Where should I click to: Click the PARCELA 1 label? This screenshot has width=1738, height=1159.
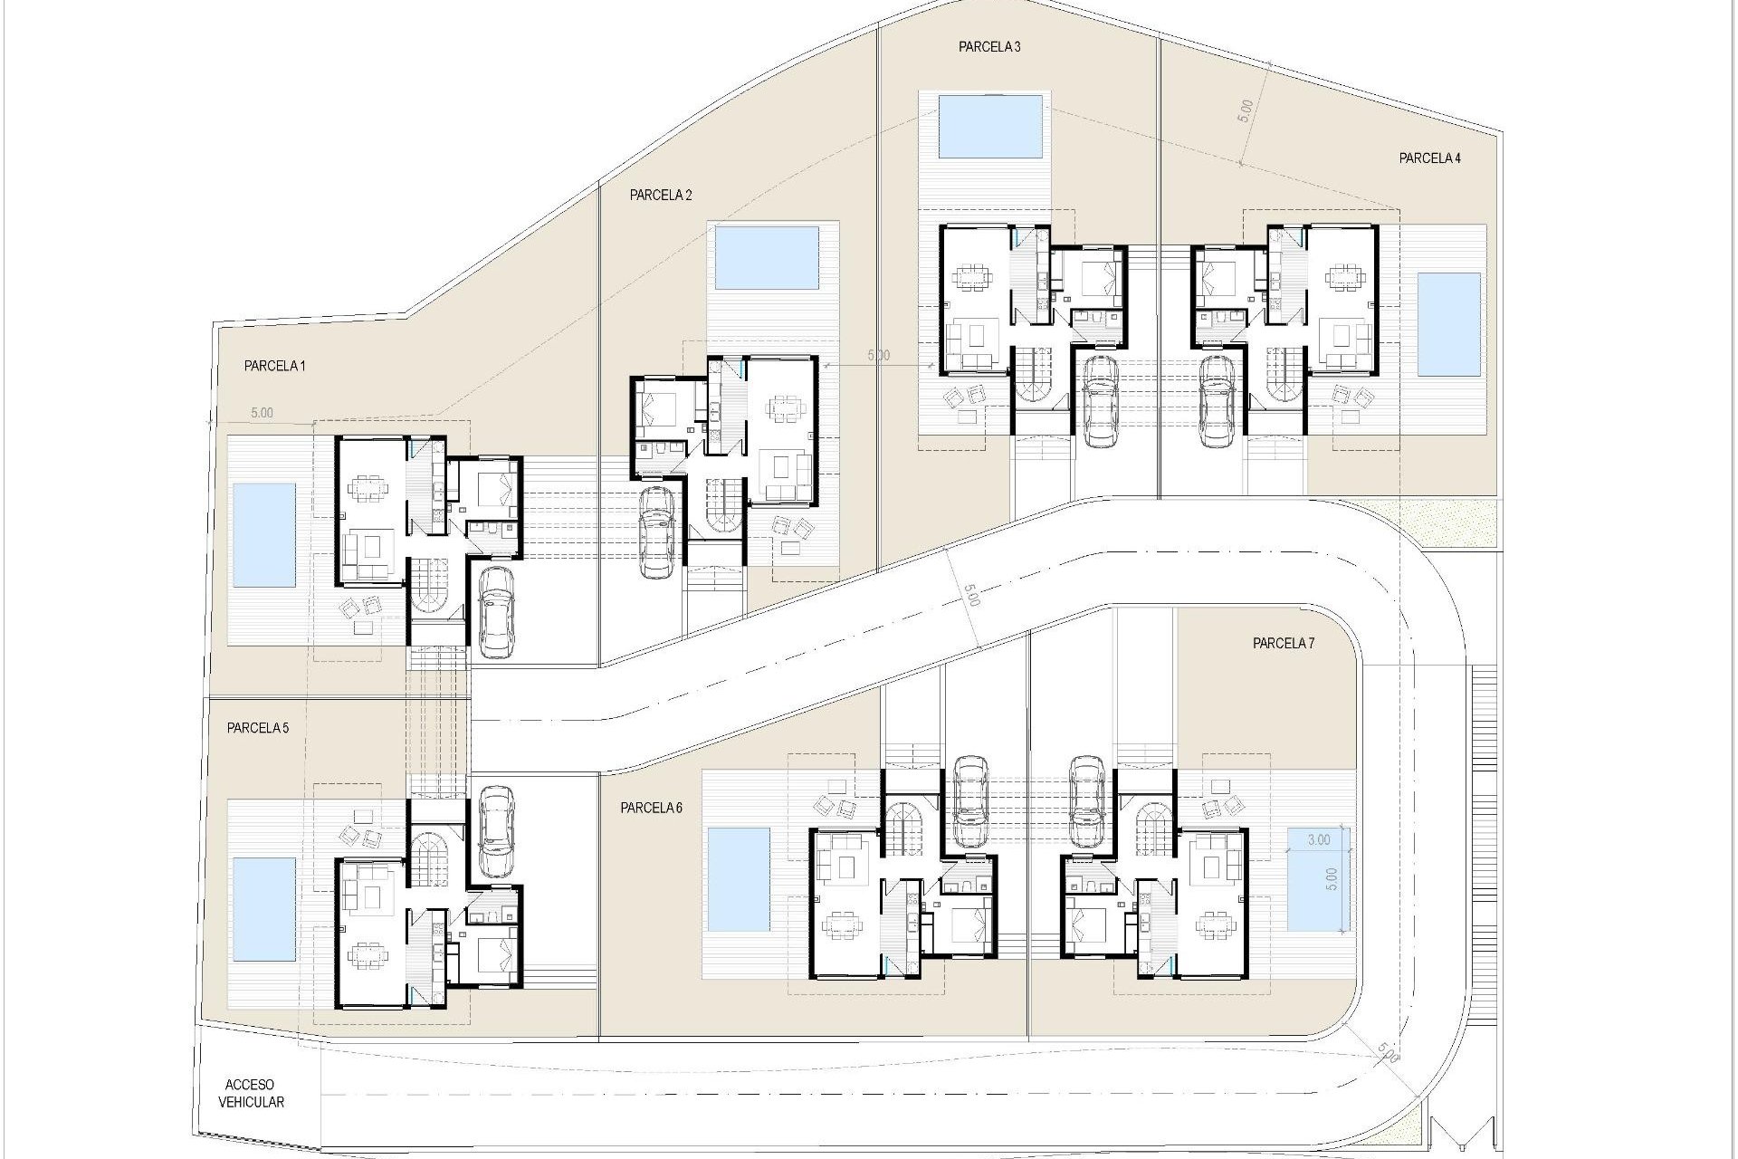tap(274, 366)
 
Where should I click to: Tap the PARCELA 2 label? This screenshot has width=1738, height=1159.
tap(661, 195)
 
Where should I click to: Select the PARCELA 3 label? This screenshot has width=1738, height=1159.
tap(989, 47)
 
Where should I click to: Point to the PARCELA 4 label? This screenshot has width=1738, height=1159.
tap(1429, 158)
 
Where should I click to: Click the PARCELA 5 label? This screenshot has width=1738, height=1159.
tap(258, 728)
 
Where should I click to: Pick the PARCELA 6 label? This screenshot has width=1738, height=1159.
tap(651, 809)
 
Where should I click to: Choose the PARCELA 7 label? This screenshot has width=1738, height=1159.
tap(1283, 644)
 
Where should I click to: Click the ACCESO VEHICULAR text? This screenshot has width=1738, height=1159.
tap(251, 1094)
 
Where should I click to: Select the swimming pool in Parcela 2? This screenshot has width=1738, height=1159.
tap(768, 257)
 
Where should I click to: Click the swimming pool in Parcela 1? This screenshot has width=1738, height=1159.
tap(264, 534)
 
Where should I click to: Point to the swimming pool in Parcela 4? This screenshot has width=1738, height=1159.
tap(1448, 324)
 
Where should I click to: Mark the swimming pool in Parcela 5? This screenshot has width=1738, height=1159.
tap(264, 909)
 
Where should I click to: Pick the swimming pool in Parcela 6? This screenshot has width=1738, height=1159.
tap(738, 879)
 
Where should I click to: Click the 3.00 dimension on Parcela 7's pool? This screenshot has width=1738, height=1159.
tap(1319, 839)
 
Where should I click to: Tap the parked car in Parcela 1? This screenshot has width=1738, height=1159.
tap(495, 611)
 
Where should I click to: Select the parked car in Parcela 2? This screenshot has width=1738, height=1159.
tap(656, 532)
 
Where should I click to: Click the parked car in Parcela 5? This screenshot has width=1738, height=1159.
tap(495, 830)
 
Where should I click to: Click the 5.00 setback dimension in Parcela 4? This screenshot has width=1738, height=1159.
tap(1246, 110)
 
